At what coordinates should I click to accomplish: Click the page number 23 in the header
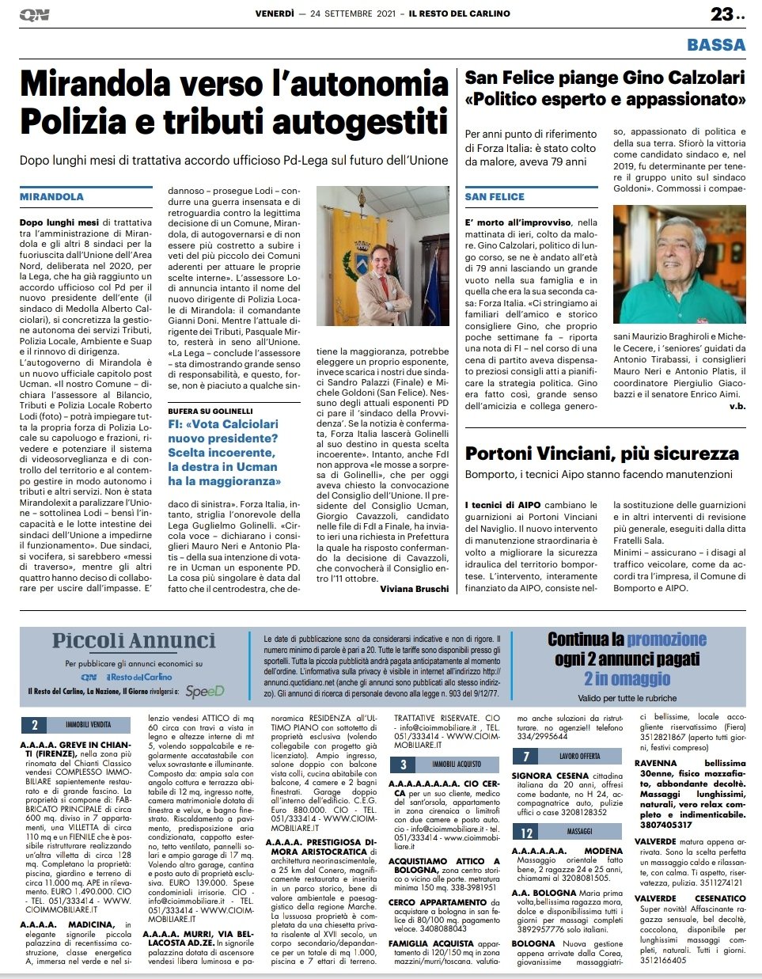[722, 13]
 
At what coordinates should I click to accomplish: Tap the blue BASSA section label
[716, 45]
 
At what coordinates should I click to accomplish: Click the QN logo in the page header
[34, 14]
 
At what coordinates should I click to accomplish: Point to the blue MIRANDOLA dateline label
[51, 196]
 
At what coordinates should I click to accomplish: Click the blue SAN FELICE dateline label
[495, 196]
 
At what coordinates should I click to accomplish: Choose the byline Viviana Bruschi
[414, 589]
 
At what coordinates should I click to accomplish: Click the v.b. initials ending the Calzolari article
[737, 406]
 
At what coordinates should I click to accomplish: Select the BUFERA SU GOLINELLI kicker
[210, 412]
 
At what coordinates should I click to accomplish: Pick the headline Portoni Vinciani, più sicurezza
[602, 453]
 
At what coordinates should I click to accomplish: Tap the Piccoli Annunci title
[134, 641]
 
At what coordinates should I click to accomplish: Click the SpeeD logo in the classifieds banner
[204, 691]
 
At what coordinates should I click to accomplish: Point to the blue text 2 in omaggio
[627, 679]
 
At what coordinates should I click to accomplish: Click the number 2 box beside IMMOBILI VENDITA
[35, 725]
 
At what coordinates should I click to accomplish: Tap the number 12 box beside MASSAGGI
[526, 832]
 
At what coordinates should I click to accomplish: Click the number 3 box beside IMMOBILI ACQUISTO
[403, 765]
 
